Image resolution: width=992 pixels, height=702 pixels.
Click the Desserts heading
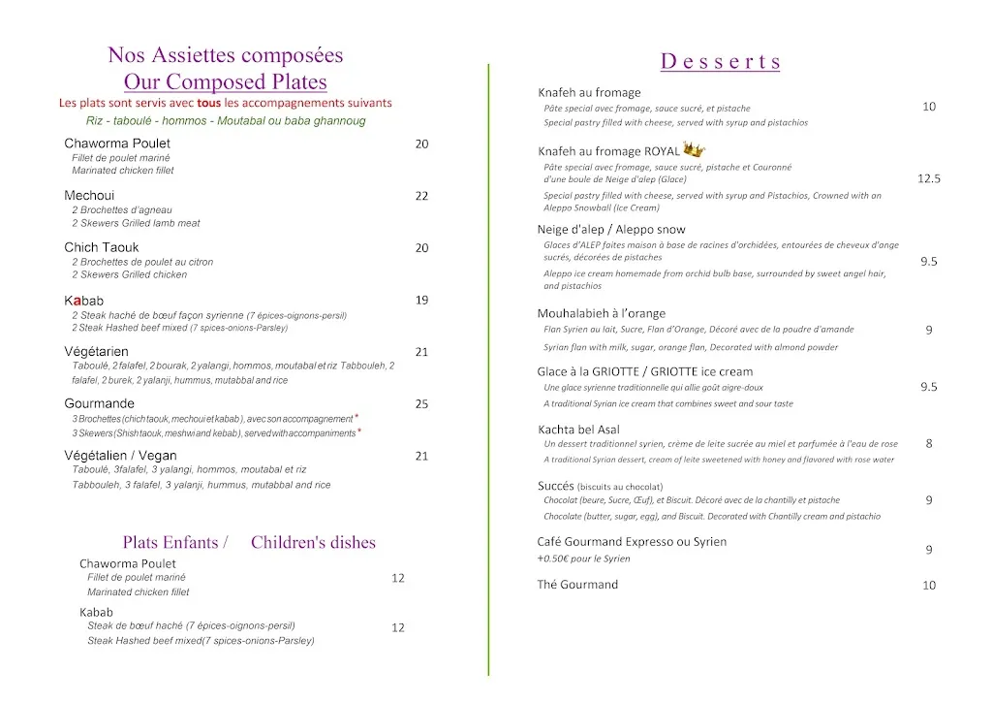pyautogui.click(x=720, y=62)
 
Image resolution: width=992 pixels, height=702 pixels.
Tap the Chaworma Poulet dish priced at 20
pyautogui.click(x=117, y=144)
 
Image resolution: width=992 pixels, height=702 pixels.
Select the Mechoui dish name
pyautogui.click(x=89, y=196)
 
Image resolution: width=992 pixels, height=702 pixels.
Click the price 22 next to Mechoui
pyautogui.click(x=421, y=196)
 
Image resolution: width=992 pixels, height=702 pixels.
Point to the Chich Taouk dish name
pyautogui.click(x=102, y=248)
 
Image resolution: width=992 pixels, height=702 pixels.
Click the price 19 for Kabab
pyautogui.click(x=421, y=301)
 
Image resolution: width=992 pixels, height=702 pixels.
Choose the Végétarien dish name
pyautogui.click(x=97, y=352)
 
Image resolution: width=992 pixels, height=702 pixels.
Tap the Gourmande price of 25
pyautogui.click(x=421, y=404)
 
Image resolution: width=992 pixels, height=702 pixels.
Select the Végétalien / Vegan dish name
pyautogui.click(x=121, y=456)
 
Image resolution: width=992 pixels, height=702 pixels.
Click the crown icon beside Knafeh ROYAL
pyautogui.click(x=694, y=149)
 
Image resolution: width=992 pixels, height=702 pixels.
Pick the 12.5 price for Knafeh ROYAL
pyautogui.click(x=929, y=178)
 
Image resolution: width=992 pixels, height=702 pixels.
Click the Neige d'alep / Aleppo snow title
pyautogui.click(x=611, y=230)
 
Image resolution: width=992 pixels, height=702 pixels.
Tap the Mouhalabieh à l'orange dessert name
pyautogui.click(x=602, y=313)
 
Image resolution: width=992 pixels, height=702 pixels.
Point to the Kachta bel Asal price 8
pyautogui.click(x=929, y=443)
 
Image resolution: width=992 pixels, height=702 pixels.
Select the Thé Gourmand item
pyautogui.click(x=577, y=585)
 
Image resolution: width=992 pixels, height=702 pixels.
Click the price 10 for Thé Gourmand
pyautogui.click(x=929, y=586)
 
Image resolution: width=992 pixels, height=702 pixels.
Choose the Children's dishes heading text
pyautogui.click(x=313, y=543)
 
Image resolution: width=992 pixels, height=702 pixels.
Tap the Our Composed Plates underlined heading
pyautogui.click(x=226, y=82)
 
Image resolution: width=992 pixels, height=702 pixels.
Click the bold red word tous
pyautogui.click(x=209, y=103)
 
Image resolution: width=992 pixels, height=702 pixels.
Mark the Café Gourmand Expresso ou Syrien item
pyautogui.click(x=632, y=542)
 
